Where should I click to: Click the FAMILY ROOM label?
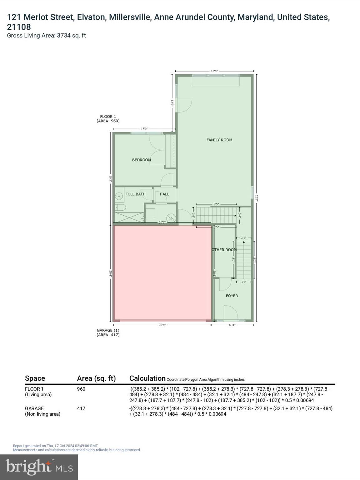tap(219, 140)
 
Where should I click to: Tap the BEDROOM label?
tap(141, 160)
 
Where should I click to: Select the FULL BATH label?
tap(135, 194)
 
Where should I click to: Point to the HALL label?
tap(164, 194)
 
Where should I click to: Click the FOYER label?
tap(232, 296)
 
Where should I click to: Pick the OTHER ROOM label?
tap(224, 250)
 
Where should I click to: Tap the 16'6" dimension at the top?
tap(214, 71)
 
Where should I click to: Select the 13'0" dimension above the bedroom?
tap(144, 129)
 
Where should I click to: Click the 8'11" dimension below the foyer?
tap(232, 325)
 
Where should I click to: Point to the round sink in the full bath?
tap(119, 197)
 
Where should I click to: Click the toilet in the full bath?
tap(121, 207)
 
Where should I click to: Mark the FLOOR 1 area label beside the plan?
tap(108, 119)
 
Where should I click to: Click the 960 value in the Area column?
tap(81, 389)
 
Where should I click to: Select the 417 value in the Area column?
tap(81, 408)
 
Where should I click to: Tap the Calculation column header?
tap(147, 378)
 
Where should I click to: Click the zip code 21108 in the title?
tap(19, 27)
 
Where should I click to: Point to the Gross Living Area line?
tap(46, 36)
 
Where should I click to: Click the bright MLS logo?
tap(39, 467)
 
